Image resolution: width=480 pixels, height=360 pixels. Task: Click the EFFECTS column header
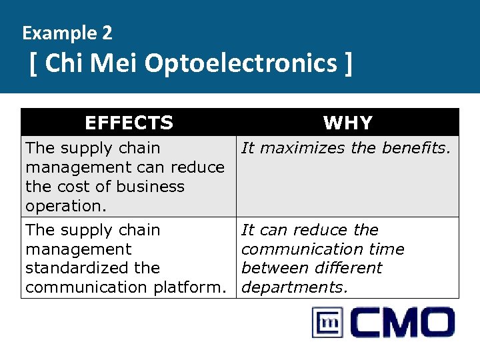tap(129, 123)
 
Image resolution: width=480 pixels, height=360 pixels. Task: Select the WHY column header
tap(347, 123)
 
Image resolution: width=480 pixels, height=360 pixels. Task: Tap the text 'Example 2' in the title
tap(67, 33)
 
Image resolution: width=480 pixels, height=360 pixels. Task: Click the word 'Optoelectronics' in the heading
tap(241, 64)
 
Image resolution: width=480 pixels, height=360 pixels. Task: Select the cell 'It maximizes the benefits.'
tap(346, 148)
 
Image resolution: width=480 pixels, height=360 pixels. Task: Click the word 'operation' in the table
tap(64, 206)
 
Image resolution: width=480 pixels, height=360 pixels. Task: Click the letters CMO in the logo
tap(401, 323)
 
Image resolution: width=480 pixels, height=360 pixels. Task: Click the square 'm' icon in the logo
tap(328, 323)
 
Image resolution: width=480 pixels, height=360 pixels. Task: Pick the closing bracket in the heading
tap(346, 65)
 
